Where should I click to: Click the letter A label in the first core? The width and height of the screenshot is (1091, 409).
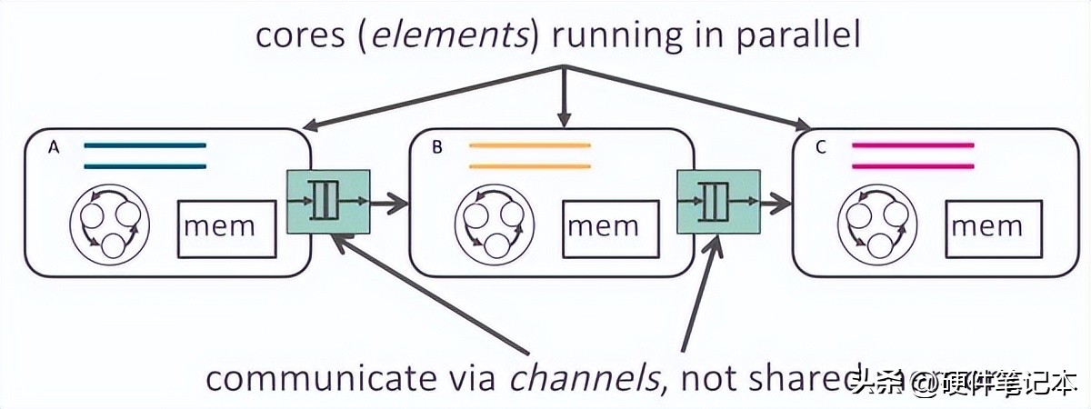(54, 147)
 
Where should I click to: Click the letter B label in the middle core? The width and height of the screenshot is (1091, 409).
(437, 147)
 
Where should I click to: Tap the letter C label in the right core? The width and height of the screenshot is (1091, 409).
(821, 147)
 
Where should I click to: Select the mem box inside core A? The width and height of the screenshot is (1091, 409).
(226, 227)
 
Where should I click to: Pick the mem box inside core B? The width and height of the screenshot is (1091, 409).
(610, 227)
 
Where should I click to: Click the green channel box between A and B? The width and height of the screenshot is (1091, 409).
(328, 201)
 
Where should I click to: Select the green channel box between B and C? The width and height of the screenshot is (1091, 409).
(718, 201)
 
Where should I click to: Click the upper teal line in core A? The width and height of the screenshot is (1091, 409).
(145, 145)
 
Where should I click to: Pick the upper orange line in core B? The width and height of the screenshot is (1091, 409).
(530, 145)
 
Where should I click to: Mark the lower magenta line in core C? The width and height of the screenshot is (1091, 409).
(913, 166)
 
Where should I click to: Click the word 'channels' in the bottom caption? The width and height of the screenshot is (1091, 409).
(583, 378)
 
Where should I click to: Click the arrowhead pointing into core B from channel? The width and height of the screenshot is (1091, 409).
(396, 202)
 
